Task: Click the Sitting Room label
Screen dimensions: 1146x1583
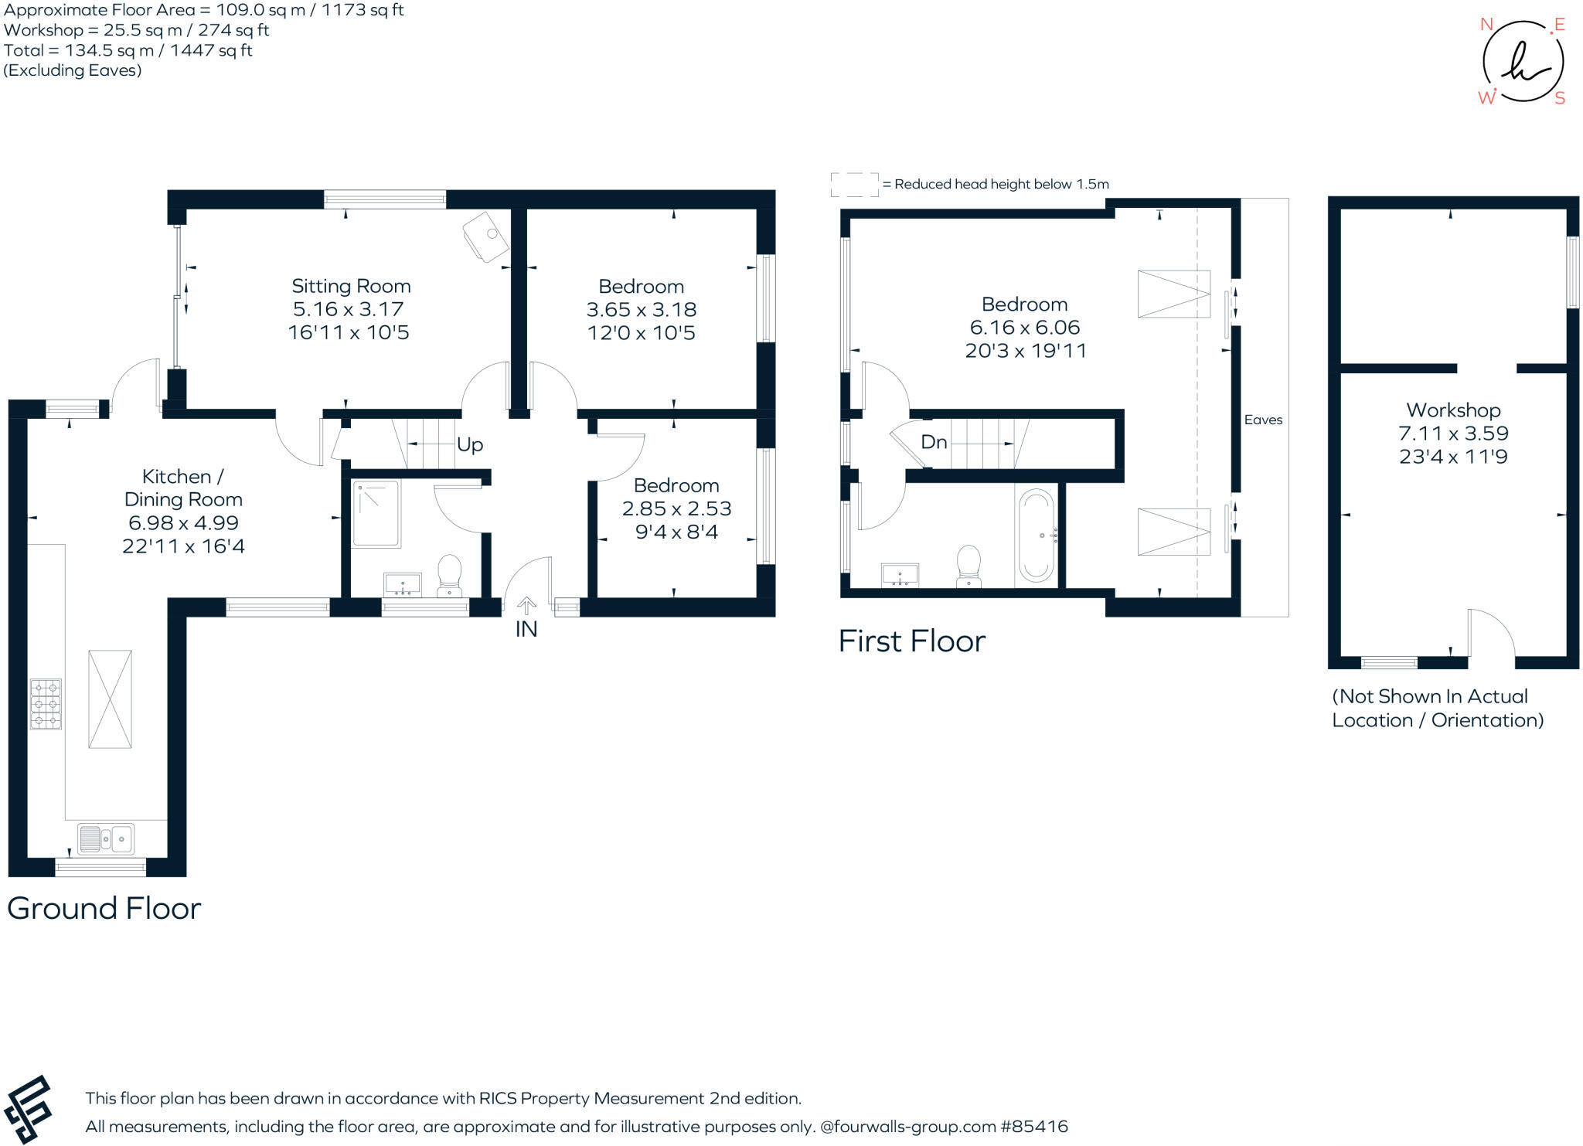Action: pyautogui.click(x=351, y=286)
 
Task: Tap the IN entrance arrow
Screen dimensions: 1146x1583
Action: pyautogui.click(x=526, y=605)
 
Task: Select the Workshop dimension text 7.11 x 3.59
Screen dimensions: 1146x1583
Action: pyautogui.click(x=1453, y=434)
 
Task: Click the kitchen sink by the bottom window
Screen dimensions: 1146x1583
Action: pyautogui.click(x=106, y=838)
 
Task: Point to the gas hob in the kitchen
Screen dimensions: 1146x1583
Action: pyautogui.click(x=46, y=704)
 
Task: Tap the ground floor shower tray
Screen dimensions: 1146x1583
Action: pyautogui.click(x=376, y=514)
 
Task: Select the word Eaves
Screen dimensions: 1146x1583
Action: pyautogui.click(x=1263, y=420)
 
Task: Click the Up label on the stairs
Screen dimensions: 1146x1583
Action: pyautogui.click(x=470, y=444)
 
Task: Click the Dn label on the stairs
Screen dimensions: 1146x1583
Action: pyautogui.click(x=934, y=442)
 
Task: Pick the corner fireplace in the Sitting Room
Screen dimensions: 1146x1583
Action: pyautogui.click(x=485, y=236)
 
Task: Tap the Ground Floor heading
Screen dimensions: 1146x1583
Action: pyautogui.click(x=104, y=908)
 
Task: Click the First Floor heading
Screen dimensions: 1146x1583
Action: pyautogui.click(x=912, y=641)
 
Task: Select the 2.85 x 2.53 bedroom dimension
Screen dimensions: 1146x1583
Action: pyautogui.click(x=676, y=508)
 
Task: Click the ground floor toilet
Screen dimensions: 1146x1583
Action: pyautogui.click(x=449, y=575)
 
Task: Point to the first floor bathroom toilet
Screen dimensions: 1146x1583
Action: pyautogui.click(x=969, y=566)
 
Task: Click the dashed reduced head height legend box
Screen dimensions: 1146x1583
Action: pyautogui.click(x=854, y=185)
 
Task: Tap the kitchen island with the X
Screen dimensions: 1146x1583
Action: pyautogui.click(x=110, y=699)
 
